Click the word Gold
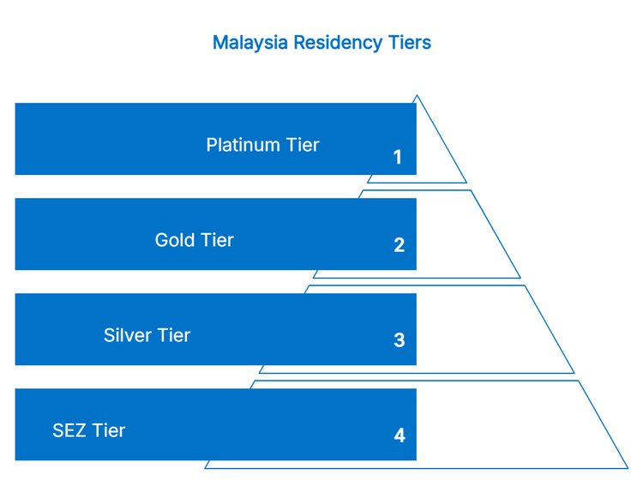[174, 240]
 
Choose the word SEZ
[69, 430]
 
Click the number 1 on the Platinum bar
[397, 157]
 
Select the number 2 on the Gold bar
[399, 245]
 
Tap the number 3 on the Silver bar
[399, 340]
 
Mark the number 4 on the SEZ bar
[399, 435]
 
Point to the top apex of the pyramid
[417, 96]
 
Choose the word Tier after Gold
[217, 240]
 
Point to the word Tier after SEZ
[109, 430]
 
